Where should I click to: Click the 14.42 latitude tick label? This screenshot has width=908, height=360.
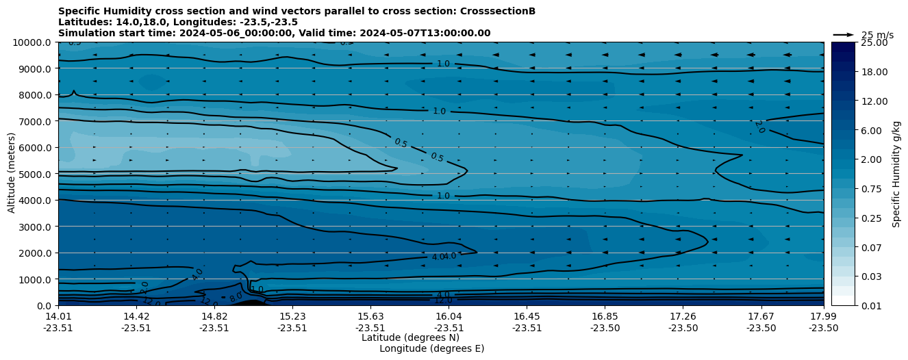click(x=136, y=316)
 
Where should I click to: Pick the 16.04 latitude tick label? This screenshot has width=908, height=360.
click(x=449, y=316)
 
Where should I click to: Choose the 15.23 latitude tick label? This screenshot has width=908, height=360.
click(x=292, y=316)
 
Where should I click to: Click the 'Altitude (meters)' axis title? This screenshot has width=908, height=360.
click(x=12, y=174)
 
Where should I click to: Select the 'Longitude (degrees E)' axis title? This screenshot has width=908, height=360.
click(x=431, y=348)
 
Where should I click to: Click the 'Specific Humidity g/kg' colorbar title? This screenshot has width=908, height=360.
click(x=896, y=174)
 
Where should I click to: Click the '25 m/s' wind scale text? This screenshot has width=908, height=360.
click(x=877, y=35)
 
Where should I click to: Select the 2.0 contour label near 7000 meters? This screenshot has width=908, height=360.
click(x=759, y=127)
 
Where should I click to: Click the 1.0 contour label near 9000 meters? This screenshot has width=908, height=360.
click(x=443, y=64)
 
